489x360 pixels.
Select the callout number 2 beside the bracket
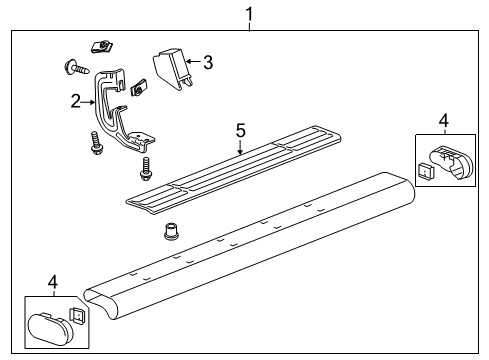click(x=75, y=100)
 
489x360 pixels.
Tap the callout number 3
click(x=207, y=62)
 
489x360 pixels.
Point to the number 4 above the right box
click(x=444, y=121)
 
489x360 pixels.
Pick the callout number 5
click(x=240, y=129)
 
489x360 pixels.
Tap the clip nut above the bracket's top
click(x=101, y=46)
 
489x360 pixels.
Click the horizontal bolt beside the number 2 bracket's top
click(x=76, y=68)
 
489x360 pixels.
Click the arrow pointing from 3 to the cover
click(x=193, y=63)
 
